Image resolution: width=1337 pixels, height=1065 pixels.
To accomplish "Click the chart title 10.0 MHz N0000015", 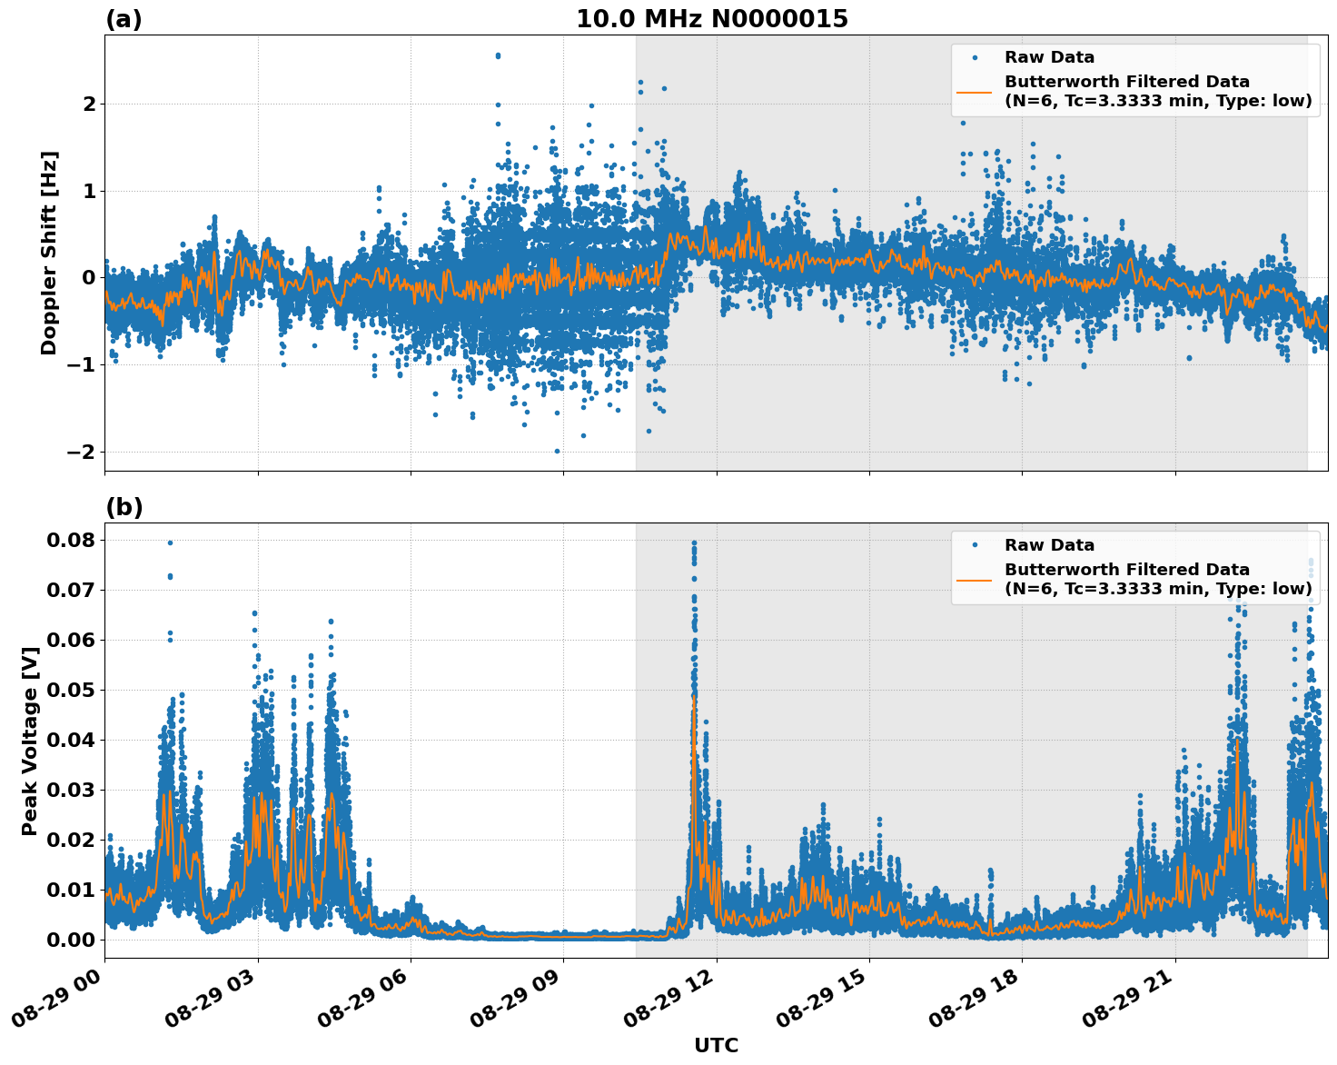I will pos(711,19).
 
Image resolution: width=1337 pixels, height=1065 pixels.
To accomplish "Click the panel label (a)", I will pos(124,19).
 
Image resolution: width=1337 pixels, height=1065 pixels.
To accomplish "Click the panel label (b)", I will pos(124,507).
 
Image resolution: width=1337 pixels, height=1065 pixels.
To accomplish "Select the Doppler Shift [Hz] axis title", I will pos(49,253).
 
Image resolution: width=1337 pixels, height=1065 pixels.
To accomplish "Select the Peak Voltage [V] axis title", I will pos(30,741).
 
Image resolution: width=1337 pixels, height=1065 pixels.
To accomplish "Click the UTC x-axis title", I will pos(716,1045).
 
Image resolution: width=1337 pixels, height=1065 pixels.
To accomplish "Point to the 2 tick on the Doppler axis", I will pos(89,104).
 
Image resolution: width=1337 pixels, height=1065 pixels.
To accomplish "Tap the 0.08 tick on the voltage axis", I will pos(71,540).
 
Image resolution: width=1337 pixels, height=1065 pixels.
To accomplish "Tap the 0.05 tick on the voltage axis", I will pos(71,690).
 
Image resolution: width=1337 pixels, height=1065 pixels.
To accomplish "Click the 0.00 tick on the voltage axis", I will pos(71,940).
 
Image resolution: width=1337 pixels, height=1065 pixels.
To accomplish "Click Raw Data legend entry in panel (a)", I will pos(1049,57).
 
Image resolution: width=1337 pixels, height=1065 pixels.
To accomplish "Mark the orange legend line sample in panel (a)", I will pos(974,91).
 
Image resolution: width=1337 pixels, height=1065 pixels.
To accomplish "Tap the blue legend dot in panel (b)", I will pos(974,544).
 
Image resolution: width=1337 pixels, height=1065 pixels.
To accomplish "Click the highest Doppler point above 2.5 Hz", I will pos(498,55).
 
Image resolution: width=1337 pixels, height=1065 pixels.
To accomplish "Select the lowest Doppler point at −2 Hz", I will pos(557,451).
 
